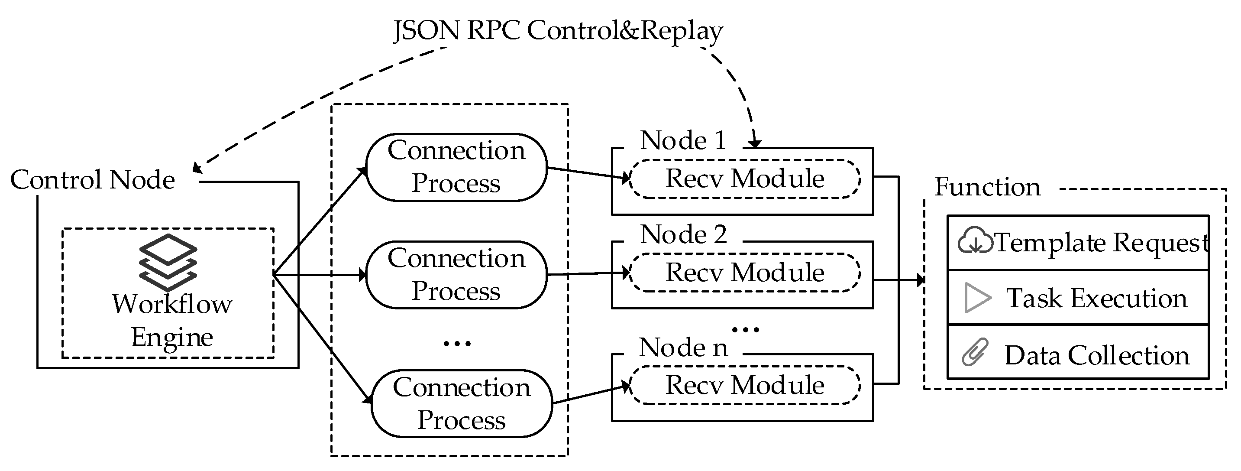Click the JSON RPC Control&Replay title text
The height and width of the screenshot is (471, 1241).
coord(558,31)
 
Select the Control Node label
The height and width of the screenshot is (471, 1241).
coord(93,180)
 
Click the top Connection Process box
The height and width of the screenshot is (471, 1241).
coord(456,167)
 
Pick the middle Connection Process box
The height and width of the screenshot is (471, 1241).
coord(456,275)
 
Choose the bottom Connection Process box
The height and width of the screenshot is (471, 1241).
coord(462,403)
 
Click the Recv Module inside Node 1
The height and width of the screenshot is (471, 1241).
coord(744,179)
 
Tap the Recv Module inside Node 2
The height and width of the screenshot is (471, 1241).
coord(744,273)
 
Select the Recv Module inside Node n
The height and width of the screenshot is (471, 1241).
coord(744,385)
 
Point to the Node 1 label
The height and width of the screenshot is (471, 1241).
coord(683,141)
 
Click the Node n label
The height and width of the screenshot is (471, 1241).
coord(683,348)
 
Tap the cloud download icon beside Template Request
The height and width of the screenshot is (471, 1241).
coord(975,241)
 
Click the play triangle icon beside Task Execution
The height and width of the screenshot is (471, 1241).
coord(977,298)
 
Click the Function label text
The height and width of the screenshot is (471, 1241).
coord(987,187)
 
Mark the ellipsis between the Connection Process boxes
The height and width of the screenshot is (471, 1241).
coord(457,344)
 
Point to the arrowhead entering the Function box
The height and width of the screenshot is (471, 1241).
coord(921,279)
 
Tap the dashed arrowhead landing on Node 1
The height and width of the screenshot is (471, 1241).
coord(755,143)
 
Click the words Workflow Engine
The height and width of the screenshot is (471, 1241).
coord(172,320)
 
